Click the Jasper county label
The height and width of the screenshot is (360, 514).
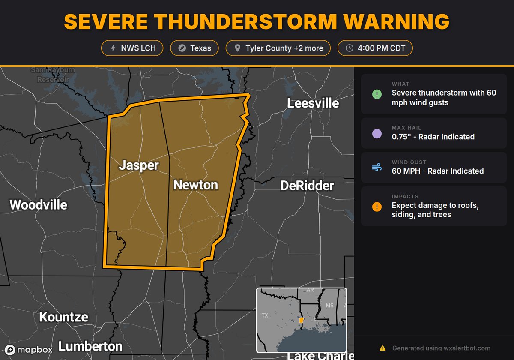click(x=139, y=165)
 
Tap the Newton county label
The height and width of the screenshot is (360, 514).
click(x=195, y=185)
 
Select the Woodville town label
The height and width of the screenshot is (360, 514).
click(x=39, y=205)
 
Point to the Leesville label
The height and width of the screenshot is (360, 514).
click(x=313, y=103)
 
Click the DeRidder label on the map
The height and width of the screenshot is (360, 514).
click(x=307, y=186)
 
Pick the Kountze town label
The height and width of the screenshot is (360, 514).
click(x=63, y=317)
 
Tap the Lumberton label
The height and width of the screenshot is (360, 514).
click(x=90, y=346)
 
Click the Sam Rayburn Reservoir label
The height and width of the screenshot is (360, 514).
click(x=51, y=75)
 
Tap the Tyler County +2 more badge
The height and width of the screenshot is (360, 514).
click(x=278, y=48)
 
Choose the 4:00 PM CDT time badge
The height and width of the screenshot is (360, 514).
click(x=375, y=48)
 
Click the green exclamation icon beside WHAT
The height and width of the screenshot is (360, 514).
click(x=377, y=94)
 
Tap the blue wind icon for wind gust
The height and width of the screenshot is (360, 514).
click(x=377, y=168)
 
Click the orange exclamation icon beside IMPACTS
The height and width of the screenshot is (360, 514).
click(x=377, y=207)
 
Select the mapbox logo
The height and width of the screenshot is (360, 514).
click(x=29, y=349)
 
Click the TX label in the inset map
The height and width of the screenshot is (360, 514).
click(x=265, y=315)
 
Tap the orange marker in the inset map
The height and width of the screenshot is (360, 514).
click(x=301, y=320)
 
